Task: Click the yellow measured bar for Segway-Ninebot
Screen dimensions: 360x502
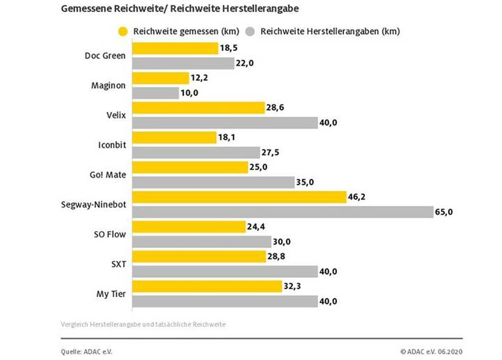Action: coord(239,197)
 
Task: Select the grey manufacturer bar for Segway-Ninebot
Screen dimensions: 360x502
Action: coord(283,212)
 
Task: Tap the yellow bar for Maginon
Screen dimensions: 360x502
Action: coord(161,78)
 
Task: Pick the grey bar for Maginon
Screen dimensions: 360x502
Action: coord(156,93)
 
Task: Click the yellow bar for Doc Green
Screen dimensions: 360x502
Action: coord(175,48)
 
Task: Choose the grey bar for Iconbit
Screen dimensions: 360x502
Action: coord(196,153)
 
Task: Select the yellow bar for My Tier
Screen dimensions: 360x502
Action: coord(207,287)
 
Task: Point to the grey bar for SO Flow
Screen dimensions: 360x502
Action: coord(201,242)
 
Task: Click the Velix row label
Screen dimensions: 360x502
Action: coord(115,115)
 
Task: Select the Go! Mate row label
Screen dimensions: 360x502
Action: coord(109,175)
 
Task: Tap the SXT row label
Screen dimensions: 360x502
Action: coord(118,264)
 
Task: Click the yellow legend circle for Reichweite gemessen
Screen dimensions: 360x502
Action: coord(124,32)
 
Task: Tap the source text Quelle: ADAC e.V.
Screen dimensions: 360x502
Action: coord(83,351)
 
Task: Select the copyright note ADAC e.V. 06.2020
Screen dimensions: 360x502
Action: coord(431,351)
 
